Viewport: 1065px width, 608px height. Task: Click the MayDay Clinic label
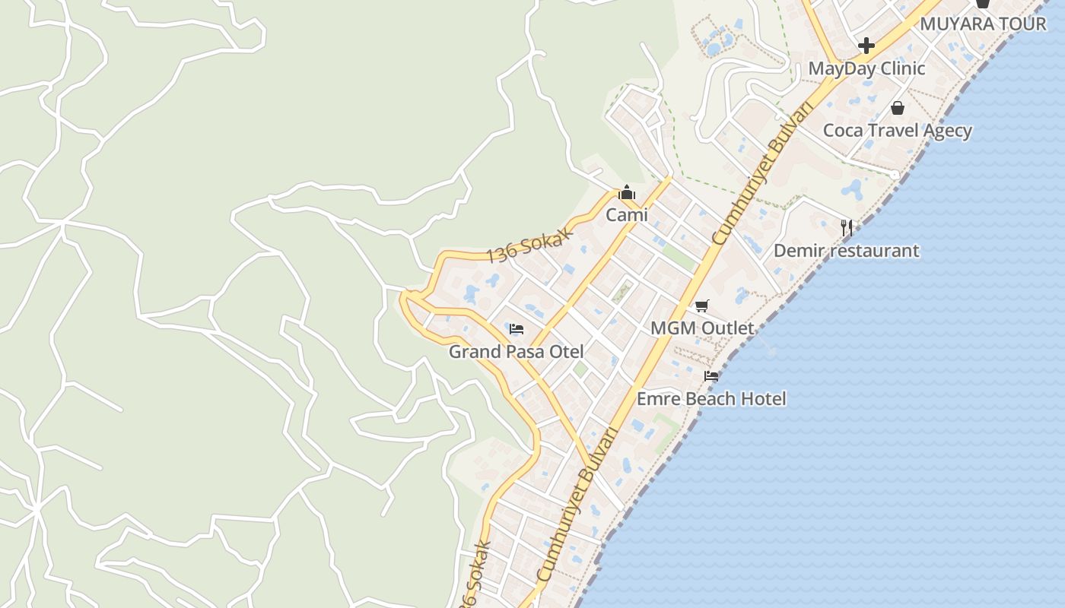coord(866,68)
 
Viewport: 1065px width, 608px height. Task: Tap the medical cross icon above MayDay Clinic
coord(866,46)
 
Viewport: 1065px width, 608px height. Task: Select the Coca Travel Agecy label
coord(898,130)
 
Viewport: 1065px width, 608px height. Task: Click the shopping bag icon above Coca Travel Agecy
coord(898,108)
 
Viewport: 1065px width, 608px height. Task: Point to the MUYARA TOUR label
coord(983,24)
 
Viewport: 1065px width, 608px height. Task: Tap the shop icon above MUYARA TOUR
coord(983,3)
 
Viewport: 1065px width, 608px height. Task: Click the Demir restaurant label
coord(846,250)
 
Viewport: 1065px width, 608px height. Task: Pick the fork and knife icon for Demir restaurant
coord(846,226)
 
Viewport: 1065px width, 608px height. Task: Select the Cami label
coord(627,214)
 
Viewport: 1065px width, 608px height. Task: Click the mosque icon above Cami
coord(627,193)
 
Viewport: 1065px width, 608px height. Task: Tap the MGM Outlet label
coord(702,328)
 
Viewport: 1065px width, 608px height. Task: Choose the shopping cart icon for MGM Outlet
coord(702,306)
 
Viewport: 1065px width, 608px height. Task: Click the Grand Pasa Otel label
coord(517,351)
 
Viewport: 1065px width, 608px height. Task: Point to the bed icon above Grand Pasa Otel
coord(517,329)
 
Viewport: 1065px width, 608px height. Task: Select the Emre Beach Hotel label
coord(711,398)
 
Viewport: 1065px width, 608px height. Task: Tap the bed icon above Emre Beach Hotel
coord(711,375)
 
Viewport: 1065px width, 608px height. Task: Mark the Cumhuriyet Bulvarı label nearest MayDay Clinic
coord(761,176)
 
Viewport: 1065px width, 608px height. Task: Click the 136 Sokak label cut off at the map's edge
coord(473,578)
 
